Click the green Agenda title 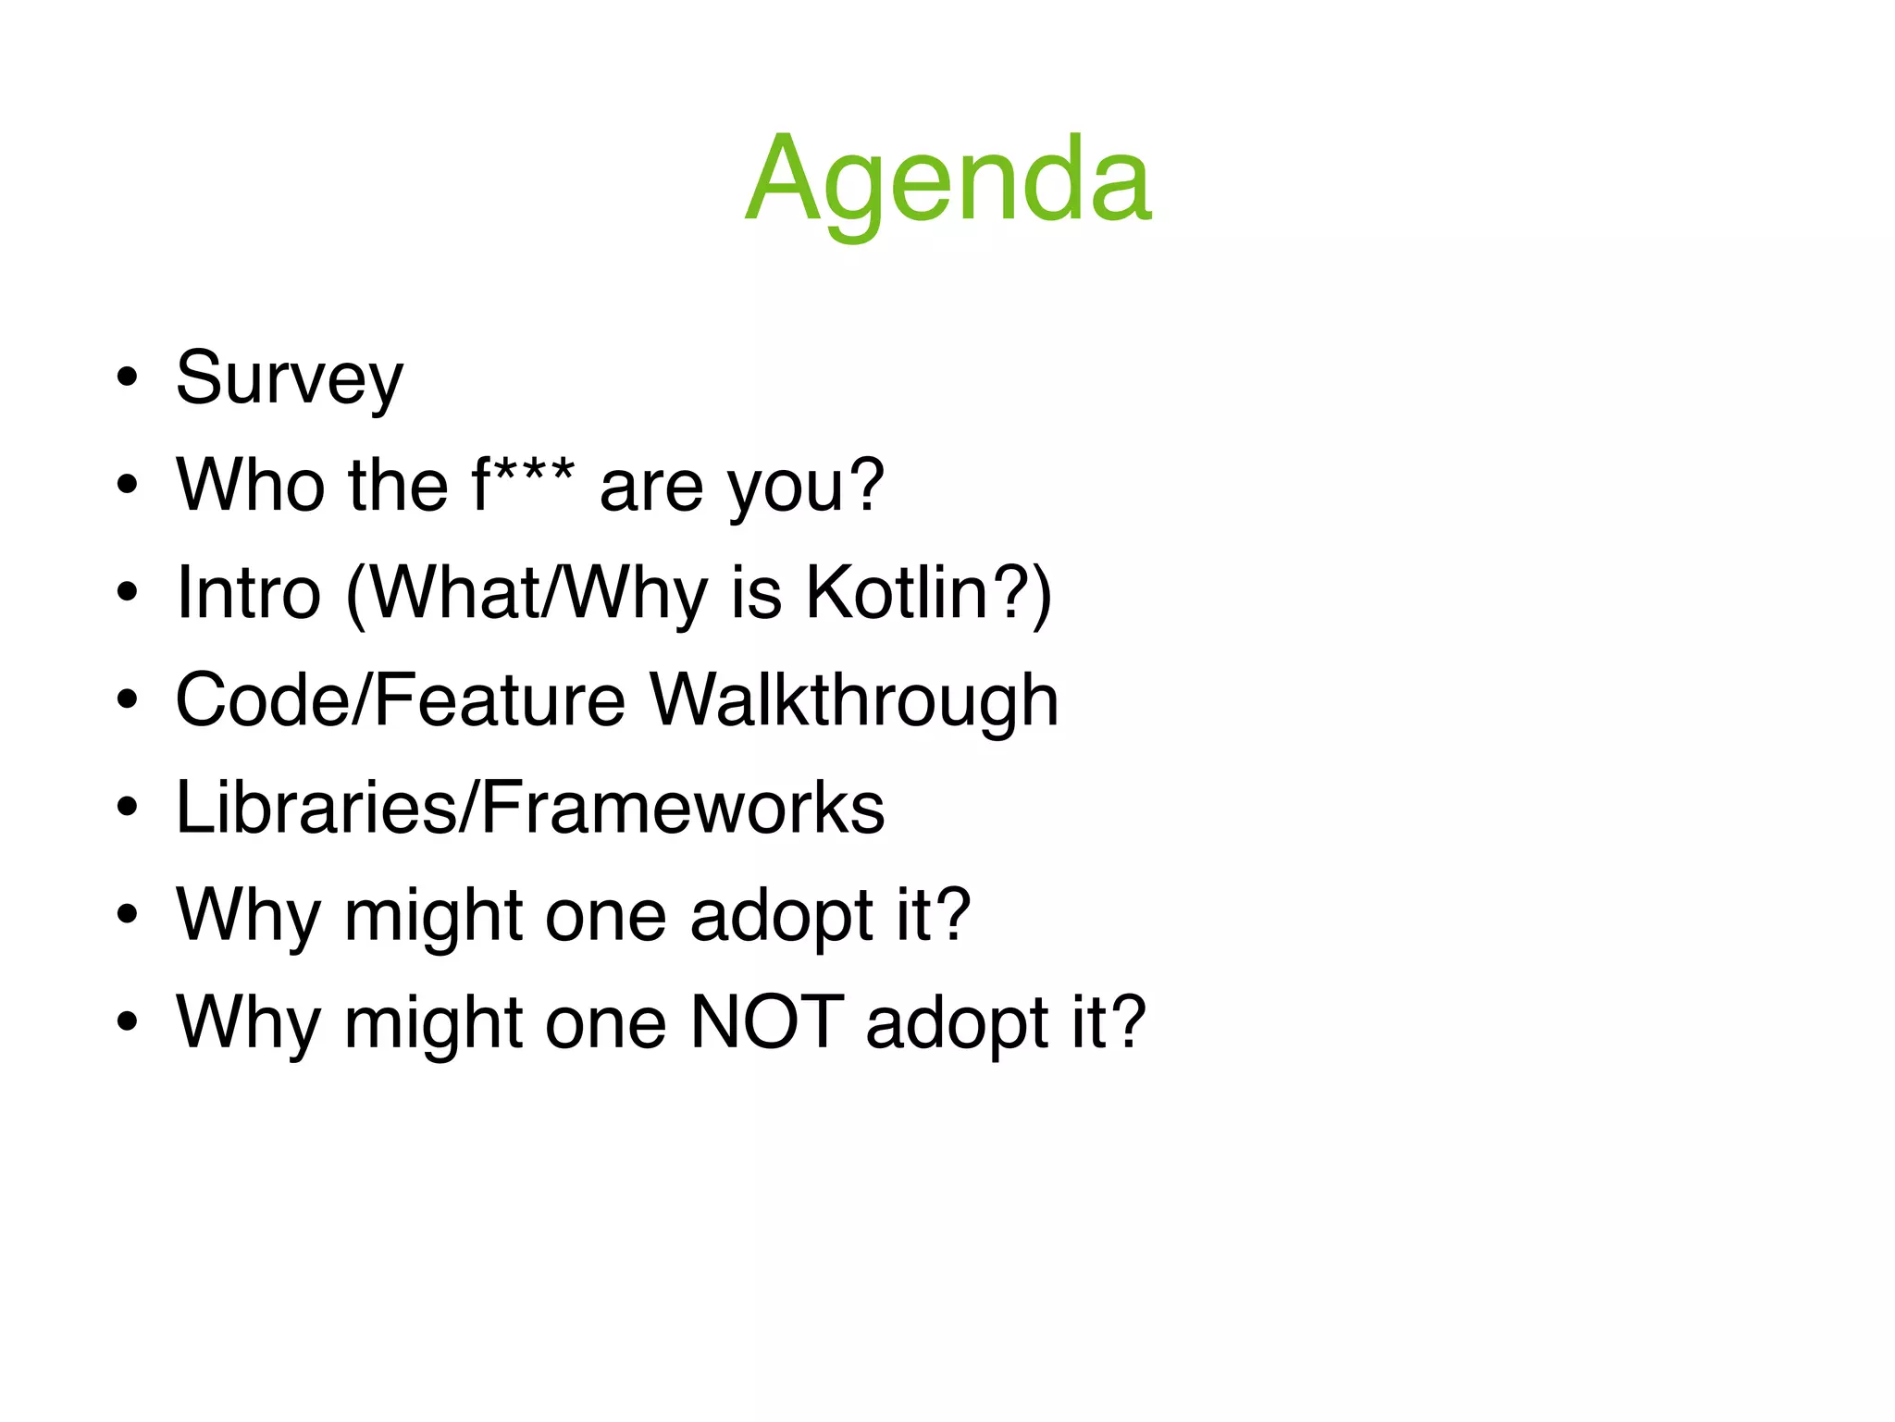pyautogui.click(x=947, y=180)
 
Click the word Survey pyautogui.click(x=290, y=379)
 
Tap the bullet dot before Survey pyautogui.click(x=128, y=377)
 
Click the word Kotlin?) pyautogui.click(x=928, y=594)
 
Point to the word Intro pyautogui.click(x=249, y=594)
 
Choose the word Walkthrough pyautogui.click(x=853, y=701)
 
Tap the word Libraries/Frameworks pyautogui.click(x=530, y=809)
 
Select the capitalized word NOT pyautogui.click(x=767, y=1023)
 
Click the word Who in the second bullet pyautogui.click(x=249, y=487)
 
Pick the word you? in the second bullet pyautogui.click(x=805, y=487)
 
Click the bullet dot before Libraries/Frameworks pyautogui.click(x=128, y=807)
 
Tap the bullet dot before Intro pyautogui.click(x=128, y=592)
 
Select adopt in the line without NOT pyautogui.click(x=780, y=916)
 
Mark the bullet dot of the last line pyautogui.click(x=128, y=1021)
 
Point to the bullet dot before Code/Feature pyautogui.click(x=128, y=699)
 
